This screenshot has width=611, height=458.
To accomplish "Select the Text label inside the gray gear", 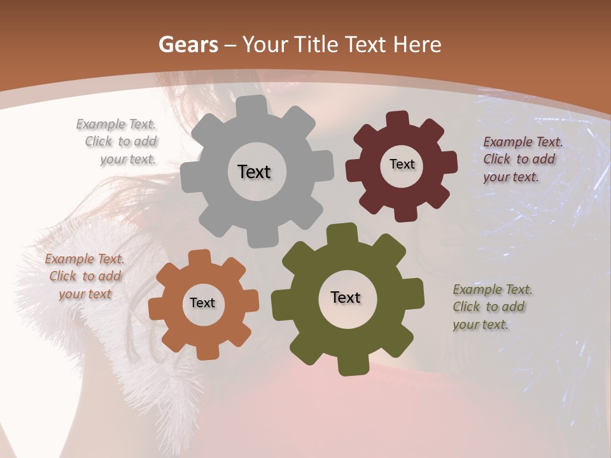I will (254, 172).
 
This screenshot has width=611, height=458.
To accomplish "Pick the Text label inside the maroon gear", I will (402, 164).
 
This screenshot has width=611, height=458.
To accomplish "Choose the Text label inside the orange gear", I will (202, 303).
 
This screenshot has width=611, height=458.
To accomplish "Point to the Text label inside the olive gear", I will (346, 297).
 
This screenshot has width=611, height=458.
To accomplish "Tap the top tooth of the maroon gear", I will (397, 119).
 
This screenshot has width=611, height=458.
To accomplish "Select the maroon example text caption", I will (522, 159).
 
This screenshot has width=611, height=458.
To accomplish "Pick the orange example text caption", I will (85, 276).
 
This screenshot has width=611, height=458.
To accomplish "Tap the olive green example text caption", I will (492, 307).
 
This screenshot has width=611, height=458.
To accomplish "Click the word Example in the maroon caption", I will (507, 142).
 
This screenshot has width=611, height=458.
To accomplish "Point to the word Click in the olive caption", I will (466, 307).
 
